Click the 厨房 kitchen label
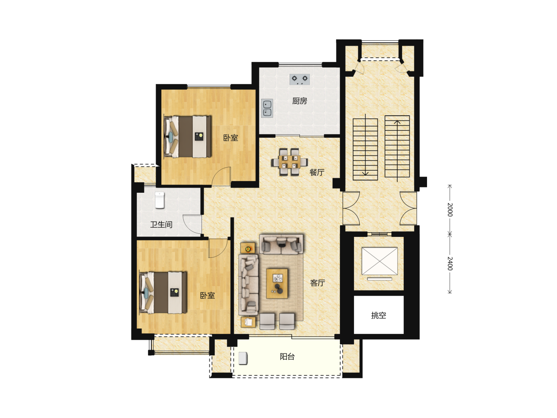(299, 101)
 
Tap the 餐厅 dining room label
(317, 172)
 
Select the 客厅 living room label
(318, 283)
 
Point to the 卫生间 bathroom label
(161, 224)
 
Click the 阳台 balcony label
(287, 356)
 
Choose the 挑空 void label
(378, 315)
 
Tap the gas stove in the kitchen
(299, 79)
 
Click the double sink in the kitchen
(267, 108)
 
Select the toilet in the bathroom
(160, 200)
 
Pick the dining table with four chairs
(289, 162)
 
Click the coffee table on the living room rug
(277, 283)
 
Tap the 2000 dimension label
(449, 210)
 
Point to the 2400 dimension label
(449, 264)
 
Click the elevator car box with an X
(379, 261)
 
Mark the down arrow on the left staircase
(365, 145)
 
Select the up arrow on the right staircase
(397, 151)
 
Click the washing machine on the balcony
(243, 358)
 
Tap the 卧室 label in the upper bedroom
(231, 138)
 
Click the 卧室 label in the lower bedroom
(207, 295)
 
